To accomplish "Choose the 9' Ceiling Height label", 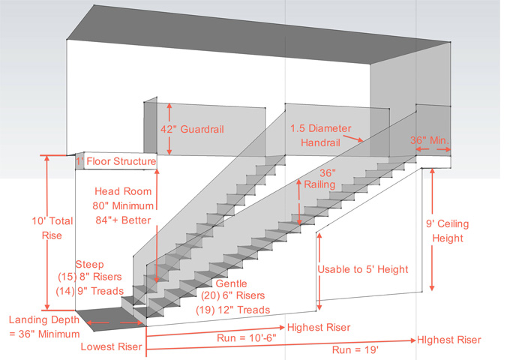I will pos(442,230).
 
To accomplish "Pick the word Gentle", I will pos(231,284).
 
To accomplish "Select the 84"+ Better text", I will pos(126,219).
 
